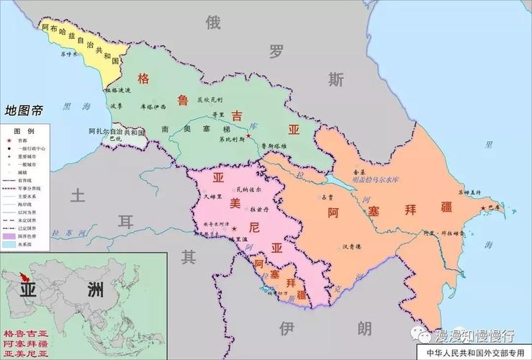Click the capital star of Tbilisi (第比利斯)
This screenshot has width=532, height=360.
pos(248,135)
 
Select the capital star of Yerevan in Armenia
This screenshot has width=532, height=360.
pos(233,228)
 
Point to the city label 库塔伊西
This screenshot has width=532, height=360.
pos(153,107)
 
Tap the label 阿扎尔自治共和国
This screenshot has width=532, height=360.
pos(117,132)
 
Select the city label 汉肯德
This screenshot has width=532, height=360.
pos(351,246)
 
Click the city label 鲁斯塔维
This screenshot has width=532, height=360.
pos(274,146)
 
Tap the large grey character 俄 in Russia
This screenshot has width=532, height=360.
pos(213,22)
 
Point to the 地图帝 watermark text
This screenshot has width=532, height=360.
pos(23,111)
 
